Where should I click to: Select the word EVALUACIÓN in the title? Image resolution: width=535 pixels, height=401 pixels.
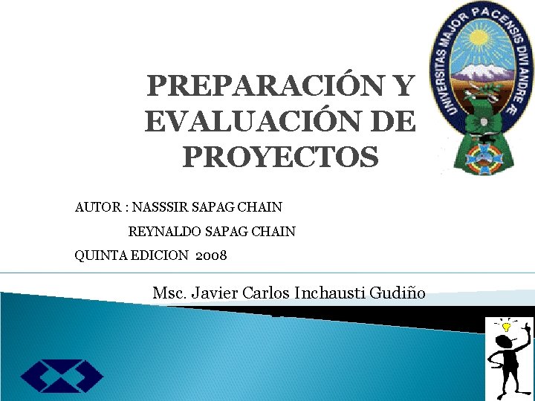253,122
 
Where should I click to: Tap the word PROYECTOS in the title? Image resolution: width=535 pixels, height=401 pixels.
280,157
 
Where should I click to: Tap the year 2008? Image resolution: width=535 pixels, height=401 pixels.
211,256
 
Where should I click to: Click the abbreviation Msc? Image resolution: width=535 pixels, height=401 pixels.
169,293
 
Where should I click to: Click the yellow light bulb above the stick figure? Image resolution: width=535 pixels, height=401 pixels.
508,325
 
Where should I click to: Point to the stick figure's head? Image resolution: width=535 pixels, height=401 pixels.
505,341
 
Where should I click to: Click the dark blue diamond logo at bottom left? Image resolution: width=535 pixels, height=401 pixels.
62,376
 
